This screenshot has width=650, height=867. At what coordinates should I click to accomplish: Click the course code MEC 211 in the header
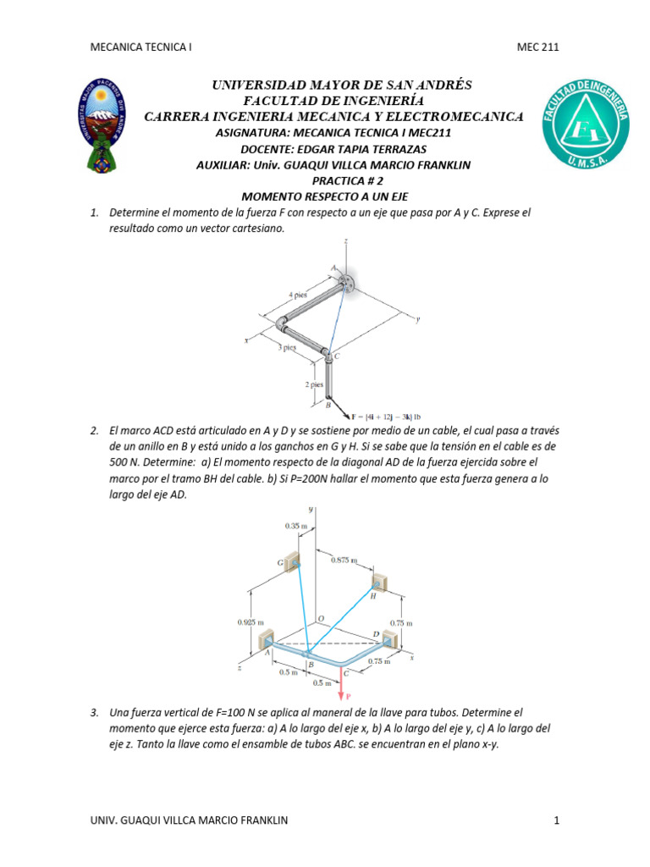pos(538,47)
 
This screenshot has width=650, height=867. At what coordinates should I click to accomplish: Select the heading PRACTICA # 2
pos(348,180)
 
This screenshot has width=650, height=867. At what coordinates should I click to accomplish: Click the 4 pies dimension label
pos(297,295)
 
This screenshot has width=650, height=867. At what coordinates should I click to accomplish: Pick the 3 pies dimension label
pos(289,347)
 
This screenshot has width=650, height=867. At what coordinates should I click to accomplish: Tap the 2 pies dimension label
pos(315,384)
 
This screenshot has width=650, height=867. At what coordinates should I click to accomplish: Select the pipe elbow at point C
pos(328,355)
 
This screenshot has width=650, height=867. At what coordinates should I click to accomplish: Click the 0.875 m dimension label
pos(343,561)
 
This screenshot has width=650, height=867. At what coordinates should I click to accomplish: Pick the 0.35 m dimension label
pos(296,526)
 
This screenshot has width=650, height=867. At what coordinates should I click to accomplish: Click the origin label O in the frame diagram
pos(319,620)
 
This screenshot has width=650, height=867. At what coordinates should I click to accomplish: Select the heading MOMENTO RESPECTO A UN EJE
pos(325,196)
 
